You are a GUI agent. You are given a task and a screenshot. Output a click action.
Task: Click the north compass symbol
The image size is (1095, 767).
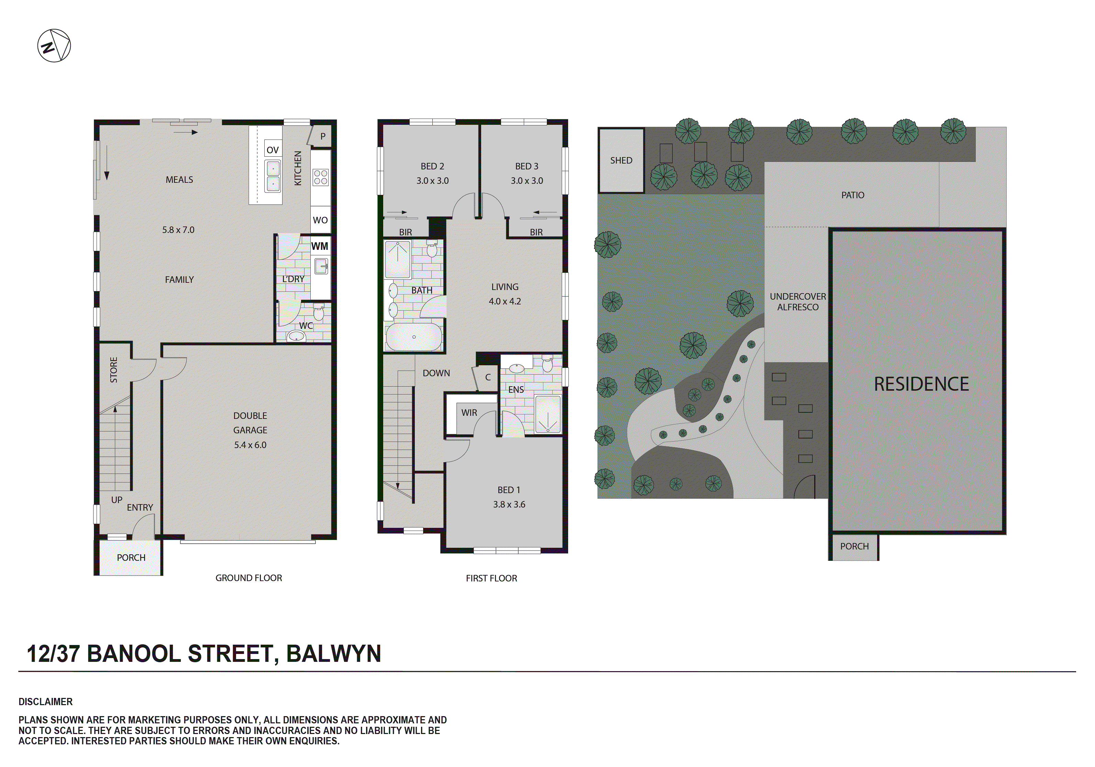[54, 46]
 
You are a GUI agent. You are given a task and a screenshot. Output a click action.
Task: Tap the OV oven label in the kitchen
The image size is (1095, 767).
[272, 150]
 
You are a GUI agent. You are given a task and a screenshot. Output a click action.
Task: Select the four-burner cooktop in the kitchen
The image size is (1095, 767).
[320, 177]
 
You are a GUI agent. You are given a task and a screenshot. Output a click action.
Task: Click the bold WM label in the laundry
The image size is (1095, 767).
[320, 246]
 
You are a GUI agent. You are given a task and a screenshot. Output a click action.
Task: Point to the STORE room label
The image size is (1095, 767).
[113, 370]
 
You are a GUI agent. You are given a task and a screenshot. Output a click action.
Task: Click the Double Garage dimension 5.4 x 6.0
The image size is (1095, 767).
[250, 445]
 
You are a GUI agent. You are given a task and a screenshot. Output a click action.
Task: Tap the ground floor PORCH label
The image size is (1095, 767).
[131, 557]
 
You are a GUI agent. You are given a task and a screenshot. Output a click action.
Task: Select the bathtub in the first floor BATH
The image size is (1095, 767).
[413, 337]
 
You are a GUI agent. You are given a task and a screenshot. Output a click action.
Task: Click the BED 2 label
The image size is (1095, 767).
[432, 166]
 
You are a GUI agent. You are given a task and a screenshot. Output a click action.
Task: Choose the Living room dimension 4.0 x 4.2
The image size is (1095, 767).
[505, 301]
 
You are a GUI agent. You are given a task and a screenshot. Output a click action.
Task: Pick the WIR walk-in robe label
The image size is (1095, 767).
[469, 413]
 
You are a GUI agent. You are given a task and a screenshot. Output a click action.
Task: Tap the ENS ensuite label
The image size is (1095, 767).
[516, 390]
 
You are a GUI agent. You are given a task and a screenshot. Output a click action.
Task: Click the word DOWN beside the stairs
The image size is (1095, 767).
[436, 373]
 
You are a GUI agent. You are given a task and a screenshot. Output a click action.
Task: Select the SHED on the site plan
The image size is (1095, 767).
[621, 160]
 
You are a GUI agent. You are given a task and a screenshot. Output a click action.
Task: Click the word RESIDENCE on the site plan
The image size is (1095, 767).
[921, 384]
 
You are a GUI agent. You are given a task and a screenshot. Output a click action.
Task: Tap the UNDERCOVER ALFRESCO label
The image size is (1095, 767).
[797, 301]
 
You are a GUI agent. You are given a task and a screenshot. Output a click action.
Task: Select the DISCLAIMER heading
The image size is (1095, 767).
[45, 702]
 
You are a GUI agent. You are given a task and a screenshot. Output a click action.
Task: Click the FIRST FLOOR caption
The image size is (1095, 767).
[491, 578]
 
